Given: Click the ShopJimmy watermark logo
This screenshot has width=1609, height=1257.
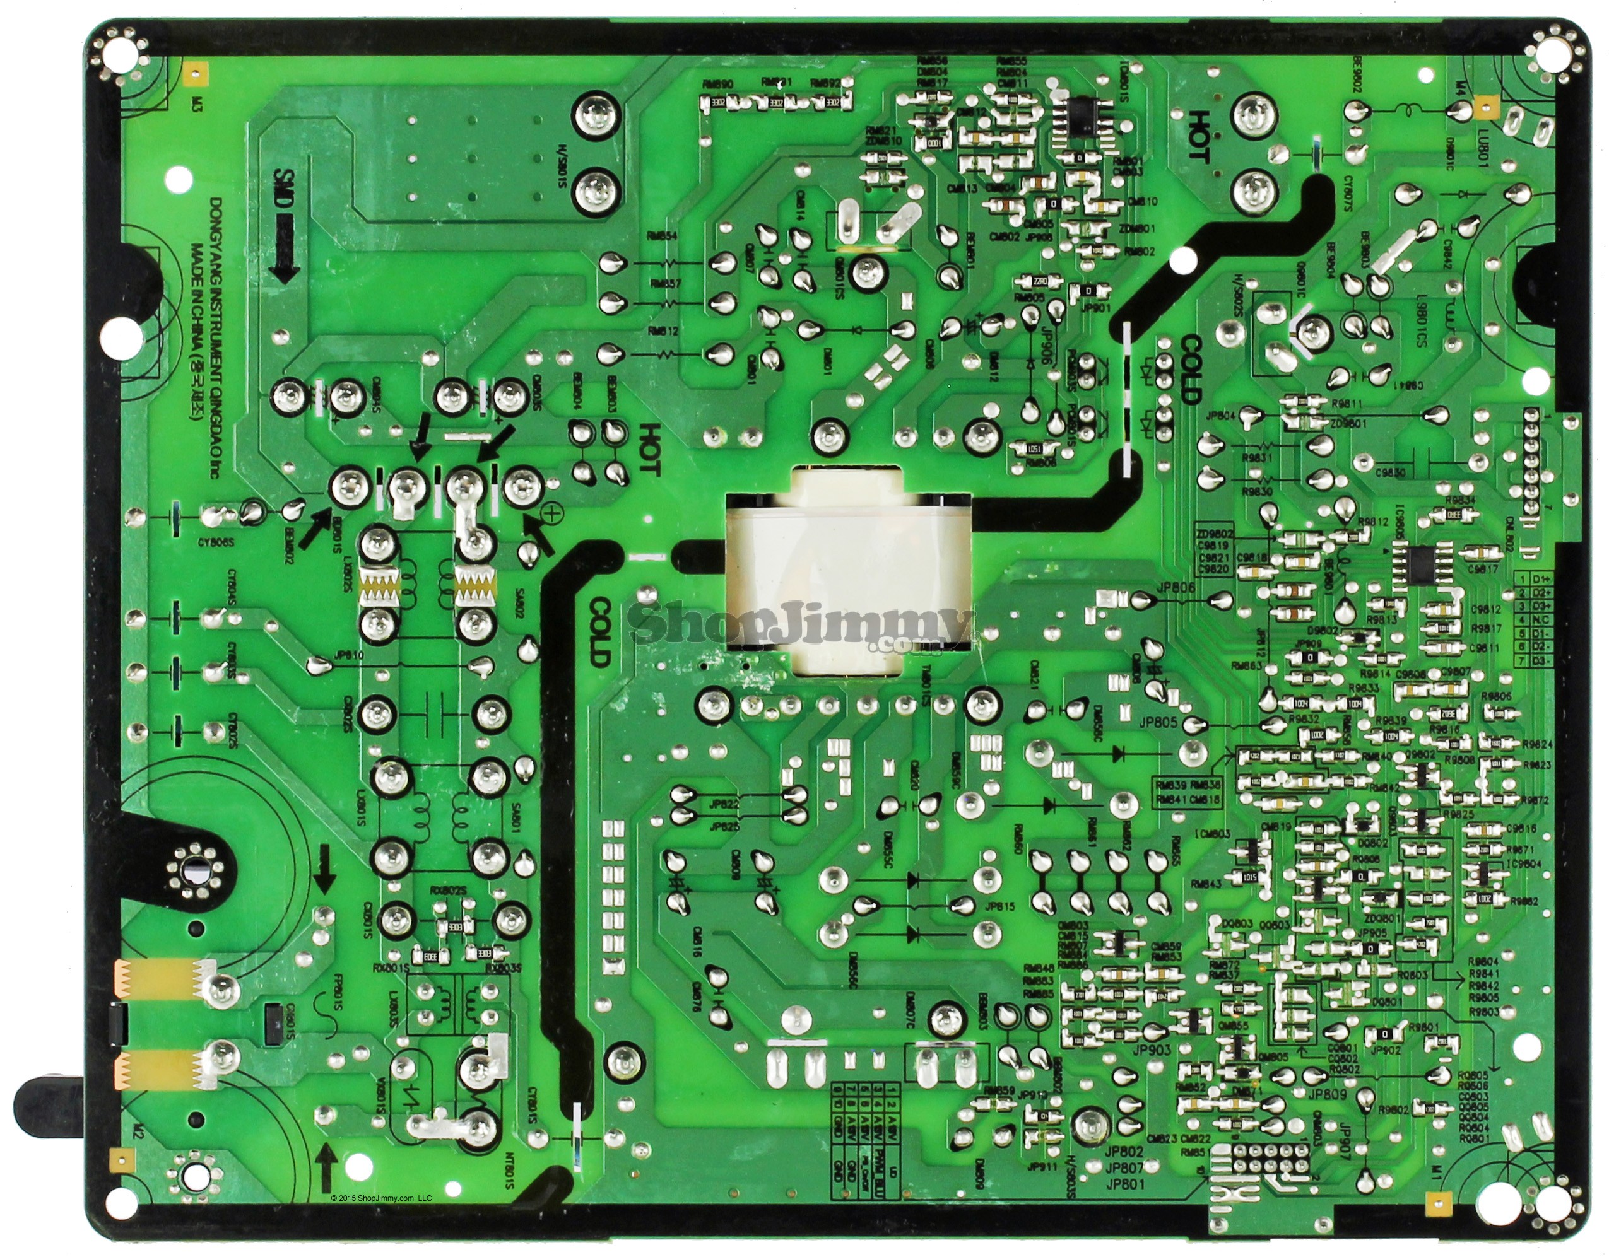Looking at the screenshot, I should [799, 626].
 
